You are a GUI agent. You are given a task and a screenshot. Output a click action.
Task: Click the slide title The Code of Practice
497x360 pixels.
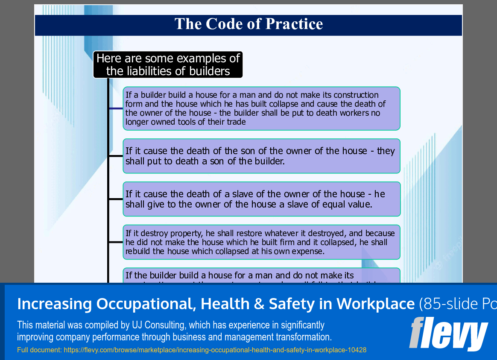point(248,24)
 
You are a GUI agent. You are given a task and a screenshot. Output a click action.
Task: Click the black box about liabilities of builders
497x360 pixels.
point(168,64)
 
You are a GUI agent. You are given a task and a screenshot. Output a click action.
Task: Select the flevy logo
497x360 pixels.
point(448,334)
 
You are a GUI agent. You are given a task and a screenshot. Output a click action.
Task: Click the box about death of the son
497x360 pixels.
point(261,156)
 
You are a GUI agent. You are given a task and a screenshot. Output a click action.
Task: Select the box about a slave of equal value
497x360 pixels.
point(261,199)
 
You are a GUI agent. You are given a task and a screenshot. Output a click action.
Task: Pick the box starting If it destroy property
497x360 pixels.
point(261,242)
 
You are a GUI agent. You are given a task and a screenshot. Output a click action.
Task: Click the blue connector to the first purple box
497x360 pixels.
point(116,108)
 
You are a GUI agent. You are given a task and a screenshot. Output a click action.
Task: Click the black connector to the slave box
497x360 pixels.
point(116,199)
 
